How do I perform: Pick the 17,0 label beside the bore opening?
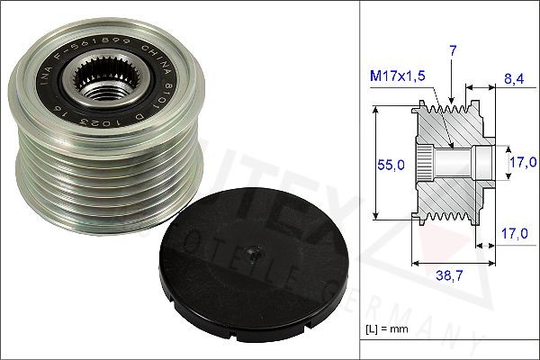pyautogui.click(x=517, y=163)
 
